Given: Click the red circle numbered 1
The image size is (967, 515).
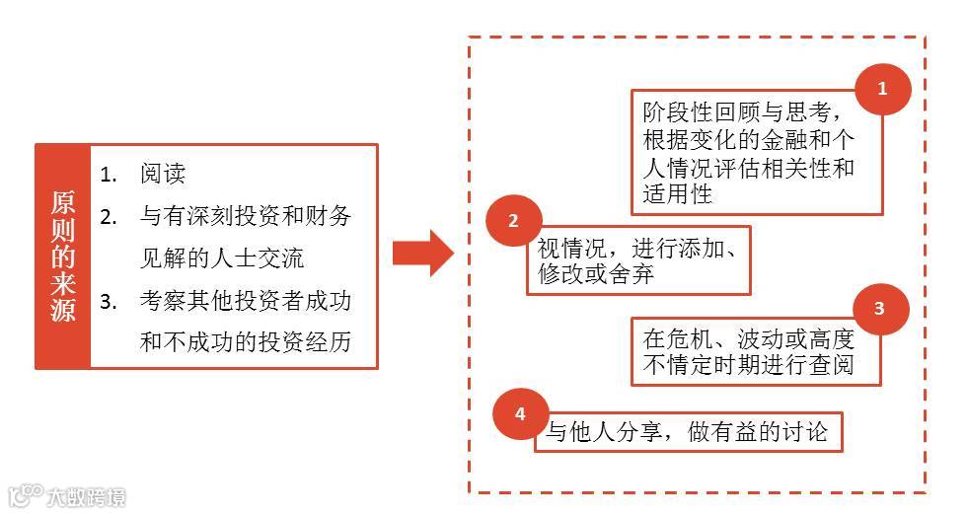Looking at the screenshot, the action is tap(881, 89).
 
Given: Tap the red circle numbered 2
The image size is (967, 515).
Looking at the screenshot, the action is tap(513, 222).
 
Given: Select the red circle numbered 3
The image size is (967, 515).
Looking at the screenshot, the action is tap(878, 308).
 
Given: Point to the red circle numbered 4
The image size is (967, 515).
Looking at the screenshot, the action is tap(520, 413).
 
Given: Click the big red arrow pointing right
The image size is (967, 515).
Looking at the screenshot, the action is tap(422, 254).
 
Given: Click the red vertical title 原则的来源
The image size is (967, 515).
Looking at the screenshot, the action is tap(63, 257).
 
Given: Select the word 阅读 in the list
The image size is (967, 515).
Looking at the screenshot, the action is tap(163, 174).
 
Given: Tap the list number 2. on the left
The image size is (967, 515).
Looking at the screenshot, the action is tap(110, 216).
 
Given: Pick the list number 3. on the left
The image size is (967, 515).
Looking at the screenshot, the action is tap(110, 301).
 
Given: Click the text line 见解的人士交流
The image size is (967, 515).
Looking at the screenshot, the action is tap(222, 258).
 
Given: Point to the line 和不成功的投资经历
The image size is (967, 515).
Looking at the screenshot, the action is tap(246, 342).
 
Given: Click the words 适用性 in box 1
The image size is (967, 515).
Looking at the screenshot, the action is tap(677, 193).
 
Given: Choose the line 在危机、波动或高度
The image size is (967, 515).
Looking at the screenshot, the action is tap(748, 338).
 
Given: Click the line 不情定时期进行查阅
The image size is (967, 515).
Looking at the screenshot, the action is tap(748, 367).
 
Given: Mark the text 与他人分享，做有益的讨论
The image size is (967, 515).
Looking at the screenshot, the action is tap(688, 432).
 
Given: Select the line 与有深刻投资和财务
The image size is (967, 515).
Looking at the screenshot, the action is tap(246, 216).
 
